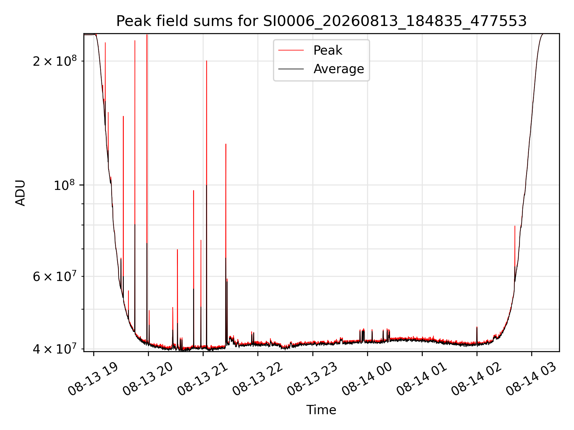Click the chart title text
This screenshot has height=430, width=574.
321,21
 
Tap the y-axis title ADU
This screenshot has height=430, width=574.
20,193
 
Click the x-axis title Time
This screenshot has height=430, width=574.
321,410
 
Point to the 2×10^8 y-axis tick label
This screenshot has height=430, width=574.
55,61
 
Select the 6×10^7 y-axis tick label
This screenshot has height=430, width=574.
55,277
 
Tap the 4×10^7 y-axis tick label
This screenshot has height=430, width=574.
55,348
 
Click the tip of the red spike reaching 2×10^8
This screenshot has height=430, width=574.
207,61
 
